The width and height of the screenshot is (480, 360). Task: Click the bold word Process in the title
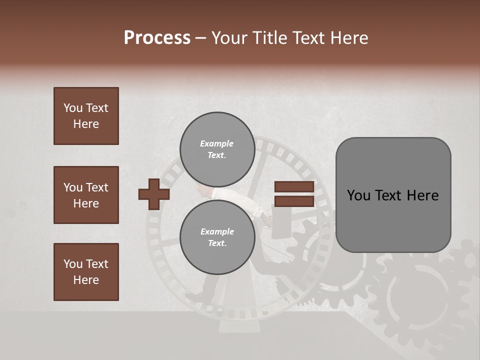click(157, 38)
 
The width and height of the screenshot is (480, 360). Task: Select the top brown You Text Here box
click(86, 116)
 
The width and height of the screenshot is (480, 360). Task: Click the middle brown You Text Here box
click(86, 195)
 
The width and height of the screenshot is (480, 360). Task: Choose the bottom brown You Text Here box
click(86, 271)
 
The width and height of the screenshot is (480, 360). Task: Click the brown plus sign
click(154, 194)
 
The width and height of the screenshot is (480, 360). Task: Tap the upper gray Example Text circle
click(217, 149)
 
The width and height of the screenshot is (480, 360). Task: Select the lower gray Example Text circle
click(217, 237)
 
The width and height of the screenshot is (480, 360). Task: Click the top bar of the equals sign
click(294, 187)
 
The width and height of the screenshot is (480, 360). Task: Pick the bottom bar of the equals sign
click(294, 201)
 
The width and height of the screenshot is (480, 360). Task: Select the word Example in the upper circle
click(217, 143)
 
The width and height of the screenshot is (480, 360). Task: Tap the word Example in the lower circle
click(217, 231)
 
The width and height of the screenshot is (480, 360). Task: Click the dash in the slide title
click(201, 38)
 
